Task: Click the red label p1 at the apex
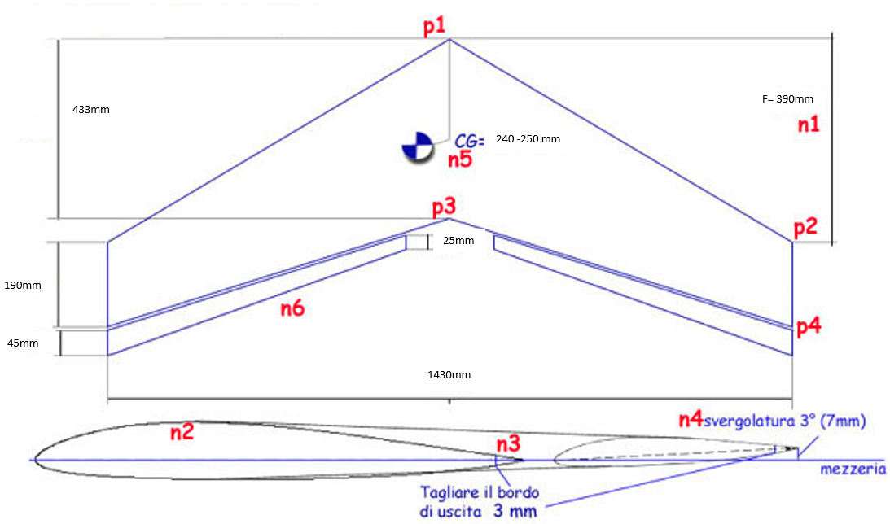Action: [x=435, y=27]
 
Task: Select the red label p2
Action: [x=805, y=228]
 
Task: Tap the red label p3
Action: [x=444, y=208]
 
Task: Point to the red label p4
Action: [x=809, y=327]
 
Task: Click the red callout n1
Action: [x=809, y=124]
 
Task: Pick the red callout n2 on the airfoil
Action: [x=182, y=432]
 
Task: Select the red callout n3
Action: [x=509, y=443]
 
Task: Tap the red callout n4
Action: [x=691, y=420]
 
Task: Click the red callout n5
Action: [x=460, y=160]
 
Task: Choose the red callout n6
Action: [x=293, y=308]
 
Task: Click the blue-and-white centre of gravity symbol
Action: [x=417, y=148]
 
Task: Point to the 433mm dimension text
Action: [x=91, y=110]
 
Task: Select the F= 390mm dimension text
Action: [x=787, y=98]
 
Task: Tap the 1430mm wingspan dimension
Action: [x=449, y=375]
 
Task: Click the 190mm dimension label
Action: [x=23, y=286]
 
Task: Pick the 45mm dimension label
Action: [x=23, y=343]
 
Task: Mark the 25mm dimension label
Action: [x=458, y=241]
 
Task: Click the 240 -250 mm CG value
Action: [x=528, y=139]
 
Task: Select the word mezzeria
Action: [x=853, y=469]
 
